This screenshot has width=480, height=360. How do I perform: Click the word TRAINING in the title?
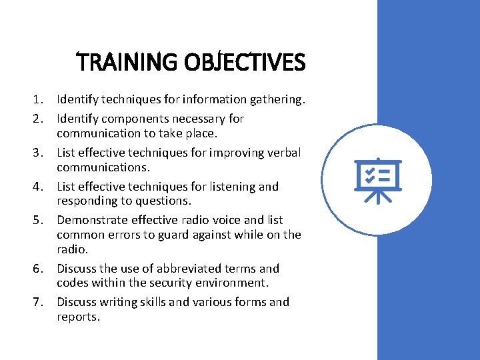pyautogui.click(x=125, y=63)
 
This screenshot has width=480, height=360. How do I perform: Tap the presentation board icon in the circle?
pyautogui.click(x=378, y=180)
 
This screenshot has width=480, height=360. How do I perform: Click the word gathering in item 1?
pyautogui.click(x=277, y=100)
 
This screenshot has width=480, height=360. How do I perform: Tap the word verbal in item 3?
pyautogui.click(x=283, y=153)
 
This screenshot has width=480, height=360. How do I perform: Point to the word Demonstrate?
pyautogui.click(x=90, y=220)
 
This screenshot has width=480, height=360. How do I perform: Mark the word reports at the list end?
pyautogui.click(x=77, y=317)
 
